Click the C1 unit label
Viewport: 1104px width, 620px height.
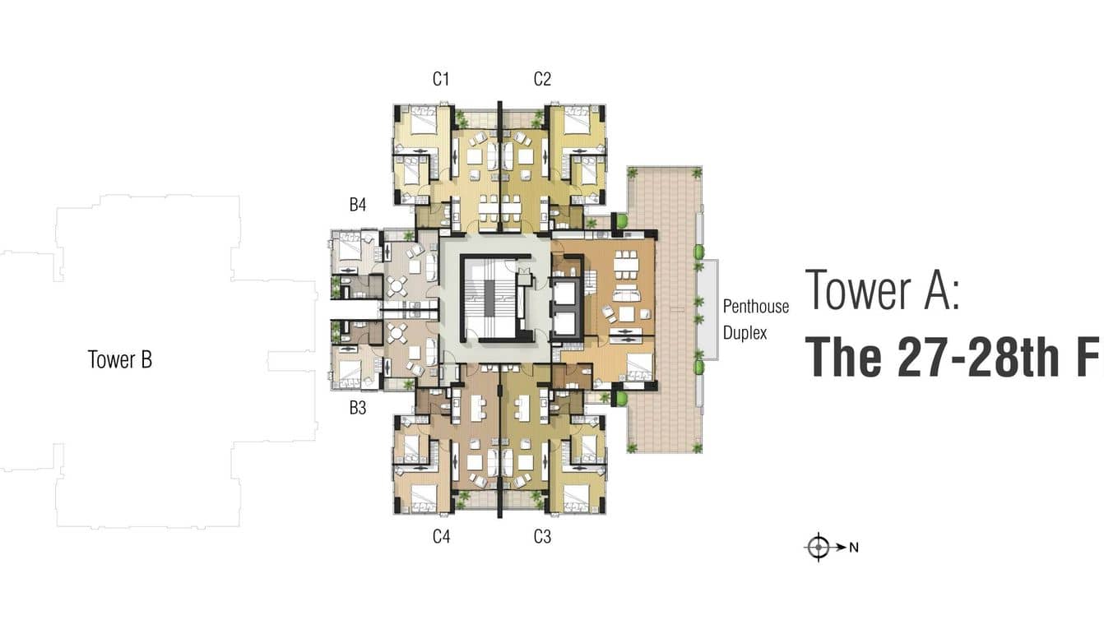pos(441,79)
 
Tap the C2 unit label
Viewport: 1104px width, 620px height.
pos(542,79)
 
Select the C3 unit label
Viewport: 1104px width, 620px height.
pos(542,536)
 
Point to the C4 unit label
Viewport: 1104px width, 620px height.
pos(441,536)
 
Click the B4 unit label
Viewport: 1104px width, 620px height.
pos(358,205)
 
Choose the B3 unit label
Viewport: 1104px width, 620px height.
pos(358,408)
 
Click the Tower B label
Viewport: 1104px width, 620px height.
pos(120,359)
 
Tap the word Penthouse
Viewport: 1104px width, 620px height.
pos(755,307)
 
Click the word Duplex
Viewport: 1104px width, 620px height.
pos(745,333)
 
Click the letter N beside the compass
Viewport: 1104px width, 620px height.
pos(854,548)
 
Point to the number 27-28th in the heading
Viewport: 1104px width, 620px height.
pos(978,357)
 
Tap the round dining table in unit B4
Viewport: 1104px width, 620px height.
pos(397,285)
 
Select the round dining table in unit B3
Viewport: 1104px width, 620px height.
pos(397,334)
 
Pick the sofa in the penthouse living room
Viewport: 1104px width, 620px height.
pos(626,294)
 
